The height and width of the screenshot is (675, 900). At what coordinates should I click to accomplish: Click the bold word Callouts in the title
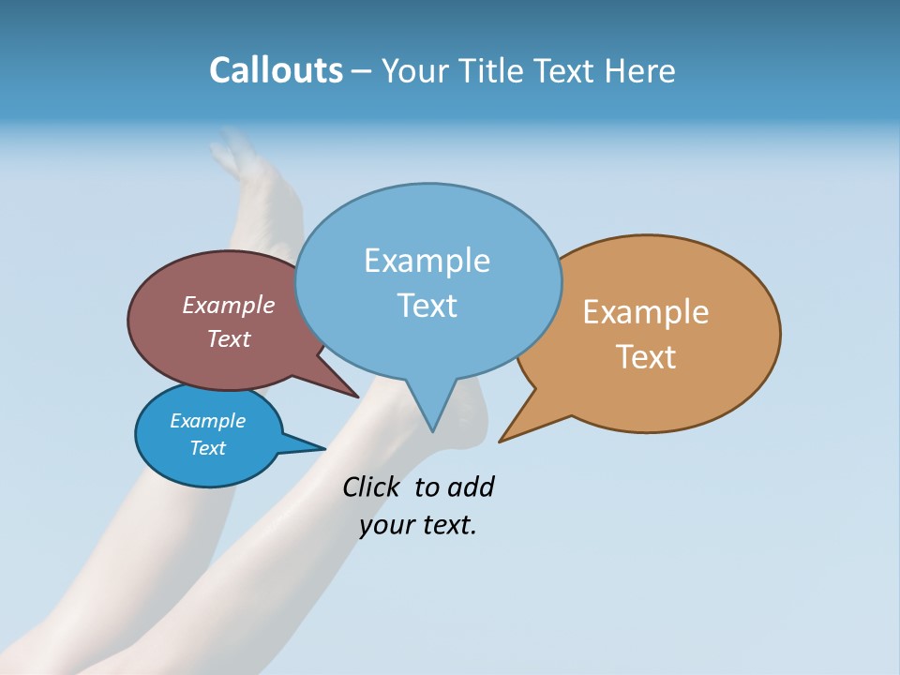click(276, 70)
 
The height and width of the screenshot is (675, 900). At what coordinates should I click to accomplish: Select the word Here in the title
click(640, 71)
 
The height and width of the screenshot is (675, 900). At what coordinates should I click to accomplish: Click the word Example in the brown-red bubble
click(229, 306)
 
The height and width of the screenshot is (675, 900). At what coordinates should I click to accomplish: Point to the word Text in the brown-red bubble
click(229, 338)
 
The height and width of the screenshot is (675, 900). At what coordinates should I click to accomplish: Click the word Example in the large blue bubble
click(427, 261)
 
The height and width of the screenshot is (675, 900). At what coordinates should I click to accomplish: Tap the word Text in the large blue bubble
click(427, 306)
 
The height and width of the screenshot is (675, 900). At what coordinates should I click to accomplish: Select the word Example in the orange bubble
click(646, 312)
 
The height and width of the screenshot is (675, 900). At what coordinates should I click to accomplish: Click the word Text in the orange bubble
click(646, 357)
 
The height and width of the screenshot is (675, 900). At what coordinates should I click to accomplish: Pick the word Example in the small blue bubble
click(207, 421)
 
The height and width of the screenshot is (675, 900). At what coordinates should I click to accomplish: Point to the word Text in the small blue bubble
click(207, 448)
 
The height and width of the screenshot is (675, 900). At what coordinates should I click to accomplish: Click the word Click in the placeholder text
click(370, 487)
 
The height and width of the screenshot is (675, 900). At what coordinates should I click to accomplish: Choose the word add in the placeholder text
click(471, 487)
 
